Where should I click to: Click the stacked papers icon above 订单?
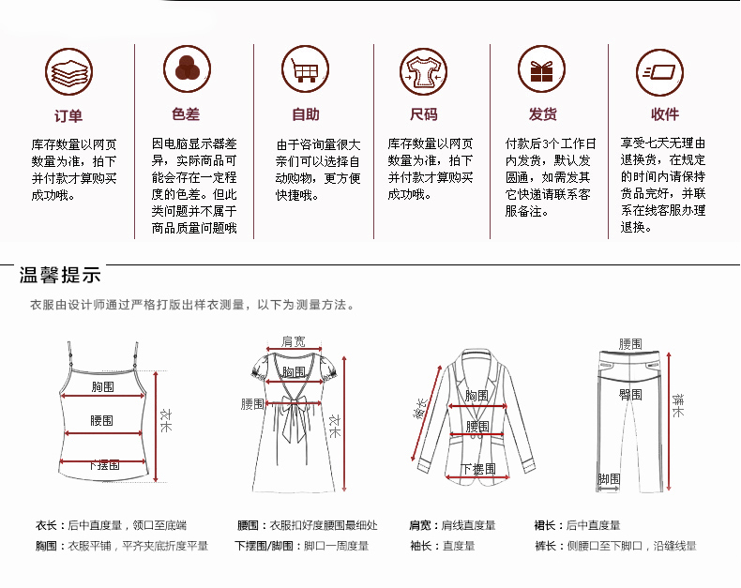(x=68, y=70)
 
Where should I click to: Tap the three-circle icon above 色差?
(x=187, y=70)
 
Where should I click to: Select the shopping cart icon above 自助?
(x=306, y=70)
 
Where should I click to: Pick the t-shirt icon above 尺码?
(x=424, y=70)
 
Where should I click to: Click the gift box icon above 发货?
(x=542, y=70)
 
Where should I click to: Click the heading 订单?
(x=68, y=115)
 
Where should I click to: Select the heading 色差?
(x=187, y=114)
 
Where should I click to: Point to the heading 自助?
(x=306, y=114)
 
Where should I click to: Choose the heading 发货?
(x=542, y=114)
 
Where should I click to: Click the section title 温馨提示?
(x=60, y=276)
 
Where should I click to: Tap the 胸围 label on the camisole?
(x=103, y=386)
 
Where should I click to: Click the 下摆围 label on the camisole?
(x=103, y=465)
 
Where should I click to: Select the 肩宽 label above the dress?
(x=294, y=341)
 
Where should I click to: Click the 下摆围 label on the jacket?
(x=477, y=468)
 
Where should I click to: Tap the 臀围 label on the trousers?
(x=630, y=395)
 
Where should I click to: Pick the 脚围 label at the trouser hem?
(x=609, y=479)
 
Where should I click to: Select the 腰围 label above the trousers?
(x=630, y=344)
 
